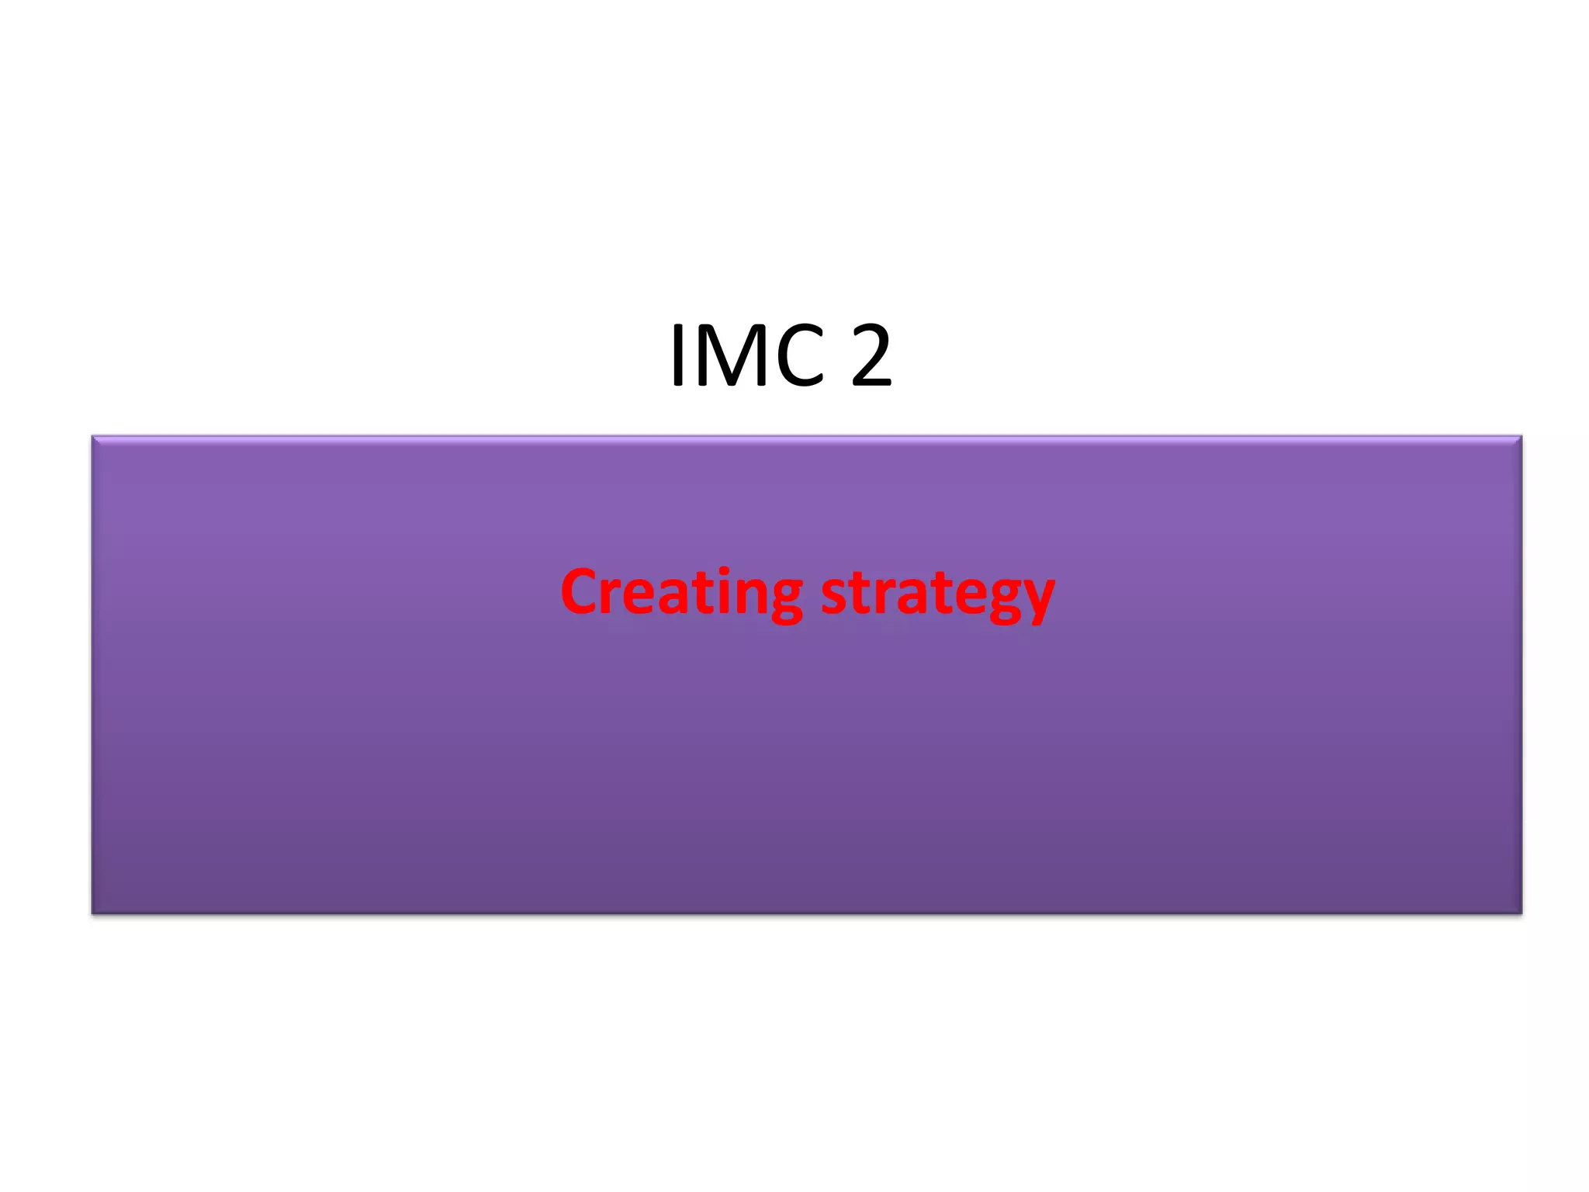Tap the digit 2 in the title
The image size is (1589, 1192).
click(871, 355)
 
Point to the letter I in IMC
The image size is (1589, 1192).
click(678, 355)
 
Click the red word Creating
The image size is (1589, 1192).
click(681, 593)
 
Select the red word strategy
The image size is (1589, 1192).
click(937, 596)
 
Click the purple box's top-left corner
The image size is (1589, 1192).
click(92, 437)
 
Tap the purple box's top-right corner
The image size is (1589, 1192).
click(1521, 437)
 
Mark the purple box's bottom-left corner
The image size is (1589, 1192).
click(92, 913)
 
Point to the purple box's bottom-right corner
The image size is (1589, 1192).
click(1521, 913)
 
